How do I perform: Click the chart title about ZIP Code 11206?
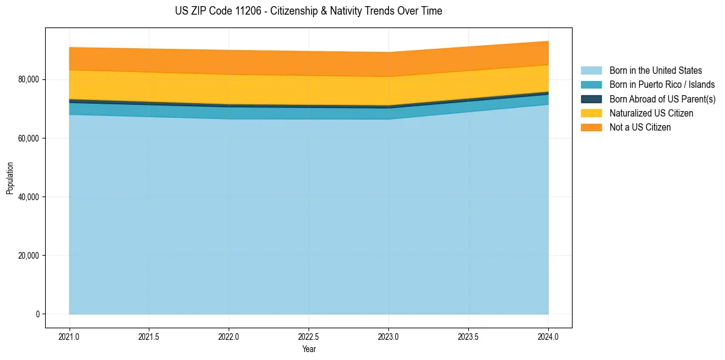pos(309,11)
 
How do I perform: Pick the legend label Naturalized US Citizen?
pos(651,113)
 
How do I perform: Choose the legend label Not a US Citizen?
pos(640,128)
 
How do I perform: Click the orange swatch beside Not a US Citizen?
pos(591,128)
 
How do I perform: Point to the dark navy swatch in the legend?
pos(591,99)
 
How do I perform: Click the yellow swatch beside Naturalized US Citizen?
pos(591,113)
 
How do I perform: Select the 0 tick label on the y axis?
pos(37,314)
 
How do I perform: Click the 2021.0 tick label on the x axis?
pos(69,336)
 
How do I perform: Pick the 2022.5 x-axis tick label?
pos(309,336)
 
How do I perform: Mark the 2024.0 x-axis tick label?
pos(548,336)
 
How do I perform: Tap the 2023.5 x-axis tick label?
pos(468,336)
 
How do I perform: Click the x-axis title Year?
pos(309,349)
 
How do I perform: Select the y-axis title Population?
pos(9,178)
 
